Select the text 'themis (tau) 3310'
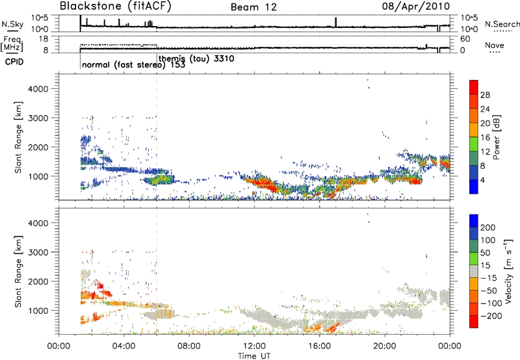pos(196,58)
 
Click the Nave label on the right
pos(495,46)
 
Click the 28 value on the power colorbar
pos(486,95)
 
